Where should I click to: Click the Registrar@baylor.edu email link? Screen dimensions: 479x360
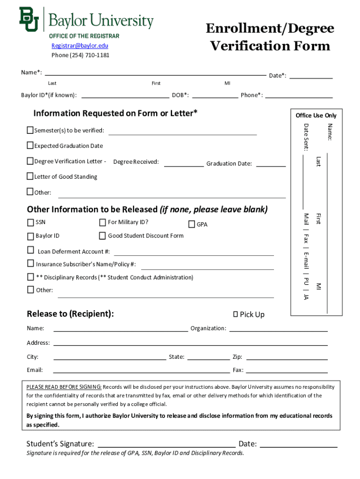(79, 45)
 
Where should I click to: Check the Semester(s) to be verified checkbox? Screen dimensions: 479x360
(30, 130)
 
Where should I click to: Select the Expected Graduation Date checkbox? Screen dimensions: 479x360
(30, 145)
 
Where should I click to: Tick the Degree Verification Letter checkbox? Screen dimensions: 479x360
(30, 161)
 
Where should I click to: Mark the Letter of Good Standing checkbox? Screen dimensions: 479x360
(30, 176)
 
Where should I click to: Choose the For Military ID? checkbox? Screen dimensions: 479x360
(102, 222)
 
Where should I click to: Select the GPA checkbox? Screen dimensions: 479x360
(192, 225)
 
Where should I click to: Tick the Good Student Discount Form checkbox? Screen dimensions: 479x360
(102, 235)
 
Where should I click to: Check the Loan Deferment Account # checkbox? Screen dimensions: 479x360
(31, 250)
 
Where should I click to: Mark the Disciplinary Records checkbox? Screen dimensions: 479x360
(31, 277)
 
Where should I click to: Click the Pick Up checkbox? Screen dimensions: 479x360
(235, 314)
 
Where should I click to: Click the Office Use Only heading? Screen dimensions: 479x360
(316, 116)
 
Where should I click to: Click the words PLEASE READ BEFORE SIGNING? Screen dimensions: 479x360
(64, 387)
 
